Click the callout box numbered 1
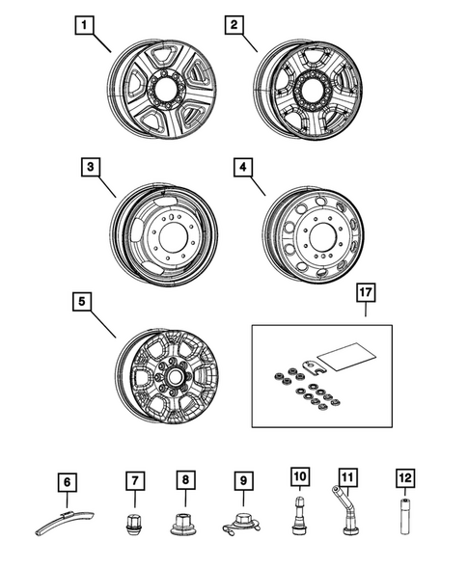[88, 25]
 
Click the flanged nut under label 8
[184, 527]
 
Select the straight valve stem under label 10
[298, 522]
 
